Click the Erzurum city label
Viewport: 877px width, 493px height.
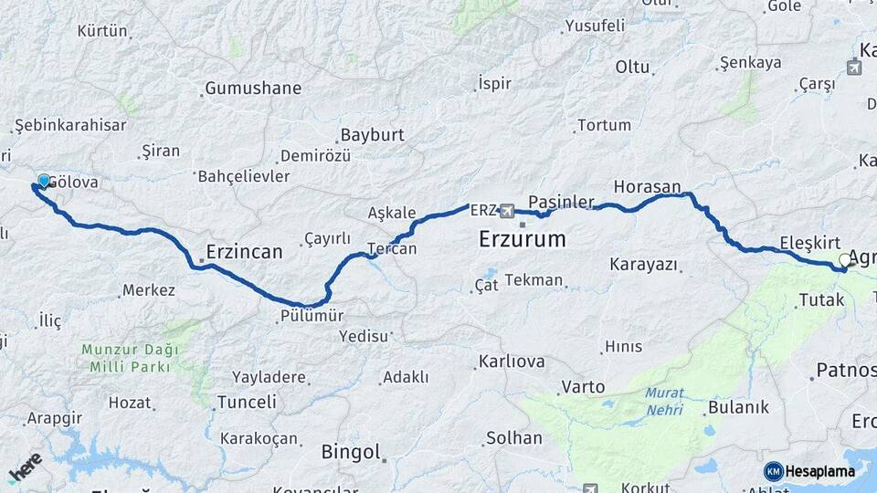click(522, 240)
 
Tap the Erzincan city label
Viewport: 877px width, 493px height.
click(244, 251)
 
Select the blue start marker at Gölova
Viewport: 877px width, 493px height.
click(43, 181)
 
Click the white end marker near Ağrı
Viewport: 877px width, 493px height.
click(845, 260)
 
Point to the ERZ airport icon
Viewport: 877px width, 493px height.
click(506, 211)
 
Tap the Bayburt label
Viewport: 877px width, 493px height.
click(372, 135)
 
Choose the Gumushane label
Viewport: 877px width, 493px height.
click(253, 89)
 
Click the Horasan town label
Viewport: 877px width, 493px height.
click(647, 186)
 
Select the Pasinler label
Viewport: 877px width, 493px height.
click(561, 201)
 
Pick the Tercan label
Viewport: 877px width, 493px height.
click(392, 248)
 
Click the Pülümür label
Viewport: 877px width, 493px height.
click(312, 316)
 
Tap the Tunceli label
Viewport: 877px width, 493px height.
click(247, 402)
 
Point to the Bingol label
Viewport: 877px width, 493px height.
click(350, 452)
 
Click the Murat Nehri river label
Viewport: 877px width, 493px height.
click(664, 401)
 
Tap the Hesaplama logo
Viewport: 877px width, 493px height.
click(809, 471)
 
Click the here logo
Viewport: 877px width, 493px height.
click(25, 467)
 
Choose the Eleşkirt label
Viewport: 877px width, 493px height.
click(809, 243)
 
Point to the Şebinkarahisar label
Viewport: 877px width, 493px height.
click(70, 125)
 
